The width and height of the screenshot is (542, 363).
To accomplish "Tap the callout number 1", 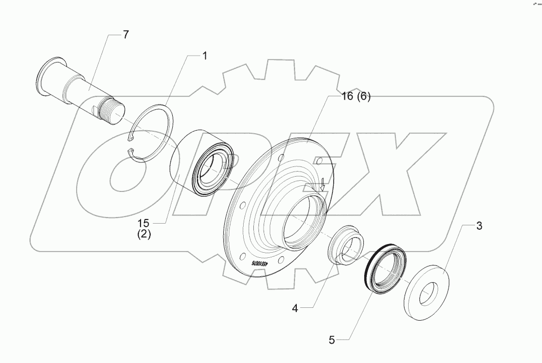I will click(x=204, y=56).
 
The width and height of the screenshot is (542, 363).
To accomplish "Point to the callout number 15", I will click(x=144, y=224).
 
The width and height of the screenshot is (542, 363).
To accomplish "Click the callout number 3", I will click(x=479, y=226).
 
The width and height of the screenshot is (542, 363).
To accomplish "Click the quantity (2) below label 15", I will click(x=144, y=235).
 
